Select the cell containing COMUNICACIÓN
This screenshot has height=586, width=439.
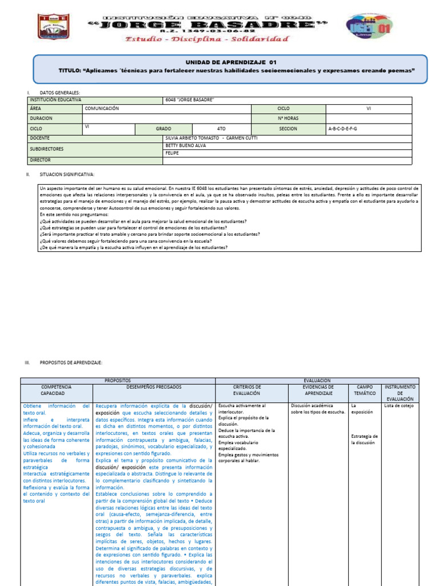[x=102, y=108]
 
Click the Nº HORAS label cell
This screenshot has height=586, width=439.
[x=288, y=118]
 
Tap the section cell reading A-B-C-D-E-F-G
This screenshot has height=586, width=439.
[x=342, y=129]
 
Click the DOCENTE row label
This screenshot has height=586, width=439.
[x=39, y=138]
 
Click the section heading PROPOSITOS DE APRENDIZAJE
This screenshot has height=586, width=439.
[x=71, y=363]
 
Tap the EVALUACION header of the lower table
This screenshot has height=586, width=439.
[x=317, y=380]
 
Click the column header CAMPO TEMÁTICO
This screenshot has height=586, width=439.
[x=364, y=390]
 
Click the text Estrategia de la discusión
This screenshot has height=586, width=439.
[x=364, y=439]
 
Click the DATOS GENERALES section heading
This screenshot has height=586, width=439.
[x=60, y=93]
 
